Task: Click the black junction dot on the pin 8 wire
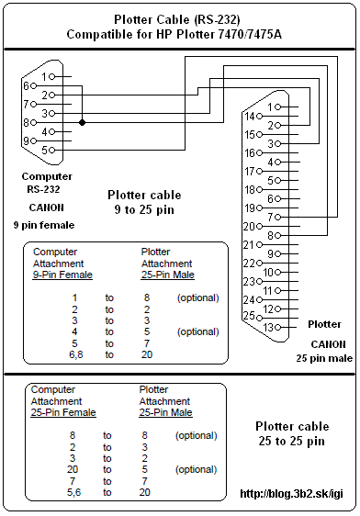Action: tap(82, 123)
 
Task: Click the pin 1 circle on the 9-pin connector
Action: tap(51, 77)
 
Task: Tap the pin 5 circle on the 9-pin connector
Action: tap(51, 150)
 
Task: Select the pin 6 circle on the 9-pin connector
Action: tap(33, 86)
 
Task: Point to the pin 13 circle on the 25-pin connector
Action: tap(277, 328)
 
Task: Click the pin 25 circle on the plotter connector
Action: tap(259, 319)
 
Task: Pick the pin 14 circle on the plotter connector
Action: tap(259, 117)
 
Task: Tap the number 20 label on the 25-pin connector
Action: tap(249, 227)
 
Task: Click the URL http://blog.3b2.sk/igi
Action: tap(291, 494)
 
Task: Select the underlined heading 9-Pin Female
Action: tap(62, 275)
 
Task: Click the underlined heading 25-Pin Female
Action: tap(63, 412)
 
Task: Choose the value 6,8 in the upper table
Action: tap(75, 354)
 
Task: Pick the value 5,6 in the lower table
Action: tap(73, 492)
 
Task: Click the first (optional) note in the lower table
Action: tap(197, 435)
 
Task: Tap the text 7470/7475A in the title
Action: tap(250, 34)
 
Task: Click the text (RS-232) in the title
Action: tap(217, 20)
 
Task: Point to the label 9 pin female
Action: tap(44, 225)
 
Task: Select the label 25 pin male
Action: tap(324, 358)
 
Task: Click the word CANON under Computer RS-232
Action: tap(47, 208)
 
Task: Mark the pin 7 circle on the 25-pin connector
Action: tap(277, 218)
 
